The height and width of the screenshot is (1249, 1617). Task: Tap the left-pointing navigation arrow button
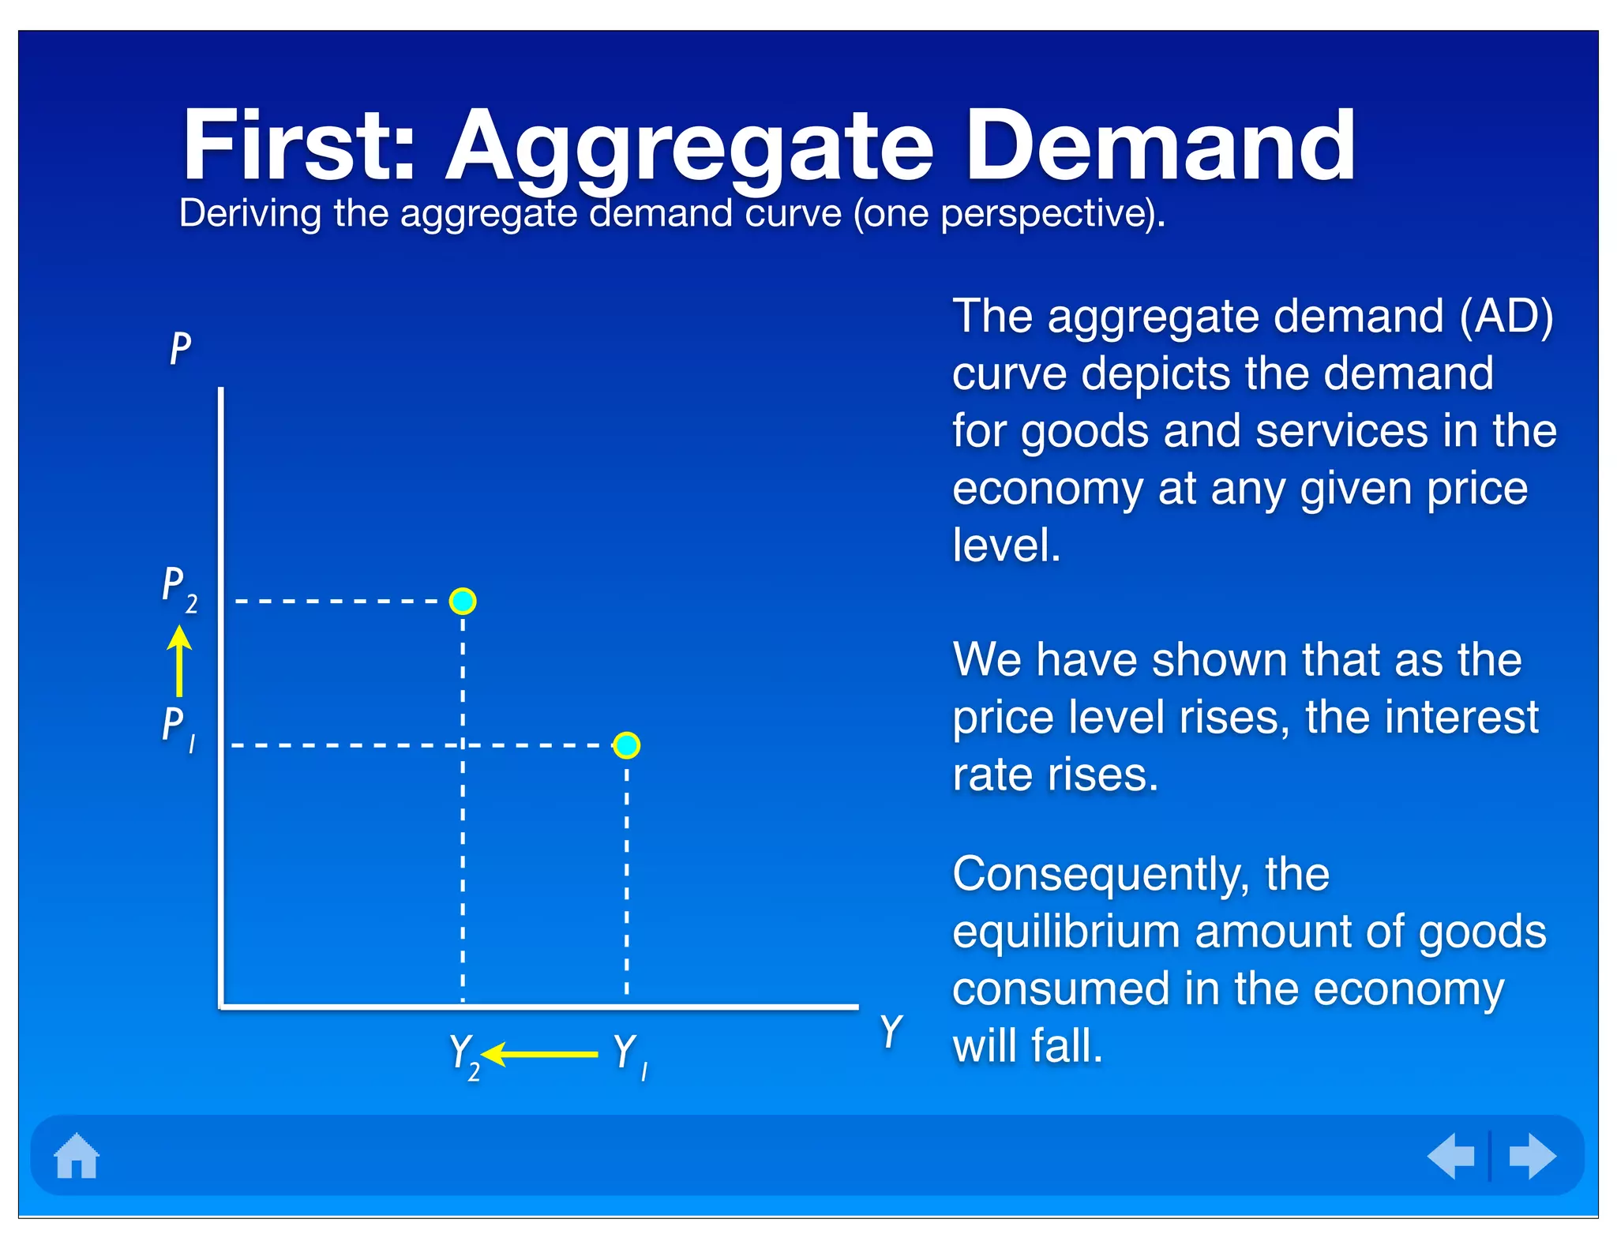(1451, 1156)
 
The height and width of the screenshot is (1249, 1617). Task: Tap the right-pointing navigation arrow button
(1532, 1156)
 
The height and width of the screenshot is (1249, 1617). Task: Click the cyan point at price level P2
(463, 602)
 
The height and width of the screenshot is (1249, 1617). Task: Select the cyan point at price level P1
(626, 745)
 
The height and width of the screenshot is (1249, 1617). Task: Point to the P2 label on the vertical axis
(179, 589)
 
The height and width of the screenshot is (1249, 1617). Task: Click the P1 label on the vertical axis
(178, 728)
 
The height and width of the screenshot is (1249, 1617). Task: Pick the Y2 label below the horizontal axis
(463, 1056)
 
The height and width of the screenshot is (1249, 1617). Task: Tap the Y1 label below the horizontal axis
(629, 1056)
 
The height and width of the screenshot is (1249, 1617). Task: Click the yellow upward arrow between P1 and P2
(180, 662)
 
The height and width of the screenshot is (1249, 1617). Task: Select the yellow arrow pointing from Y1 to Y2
(540, 1054)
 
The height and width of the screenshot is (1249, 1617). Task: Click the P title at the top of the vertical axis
(180, 348)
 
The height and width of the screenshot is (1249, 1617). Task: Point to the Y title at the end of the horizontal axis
(891, 1031)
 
